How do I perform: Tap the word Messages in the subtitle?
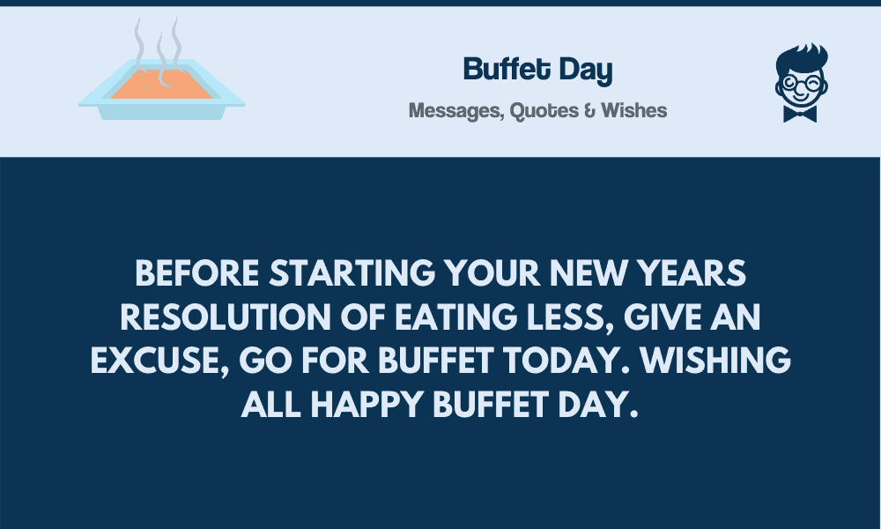click(456, 111)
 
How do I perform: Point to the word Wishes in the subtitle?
click(633, 110)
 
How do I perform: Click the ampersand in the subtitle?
click(589, 110)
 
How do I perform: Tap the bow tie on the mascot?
click(800, 114)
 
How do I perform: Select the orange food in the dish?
click(162, 85)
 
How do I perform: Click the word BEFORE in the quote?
click(196, 273)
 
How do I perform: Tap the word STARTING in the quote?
click(352, 273)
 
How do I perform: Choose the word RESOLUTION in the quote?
click(226, 317)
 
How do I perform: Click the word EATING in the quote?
click(456, 317)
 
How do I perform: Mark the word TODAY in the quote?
click(566, 361)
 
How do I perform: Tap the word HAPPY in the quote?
click(366, 405)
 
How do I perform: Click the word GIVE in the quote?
click(663, 317)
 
